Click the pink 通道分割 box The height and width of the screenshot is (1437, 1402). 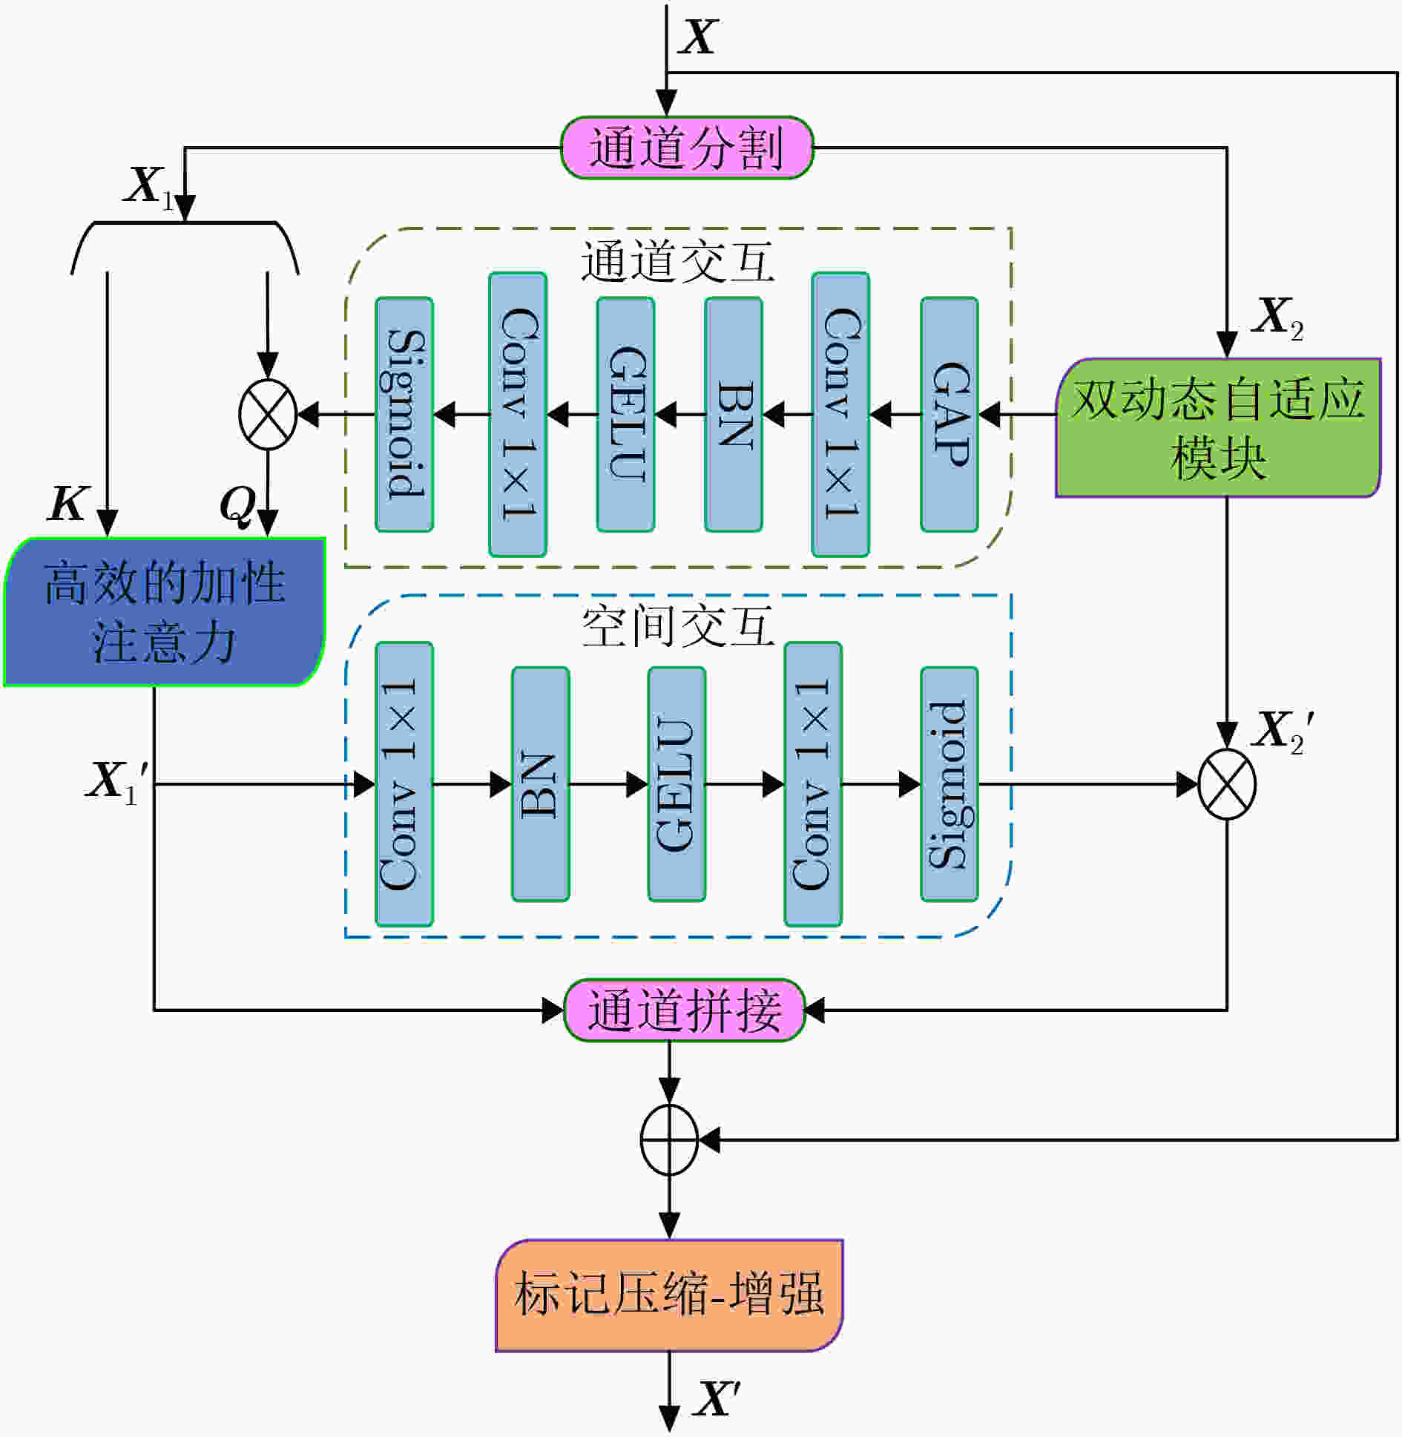point(686,148)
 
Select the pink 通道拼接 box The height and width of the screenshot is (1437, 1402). point(685,1010)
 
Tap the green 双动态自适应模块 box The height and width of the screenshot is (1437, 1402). point(1218,428)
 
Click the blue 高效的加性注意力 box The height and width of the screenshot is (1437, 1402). point(165,612)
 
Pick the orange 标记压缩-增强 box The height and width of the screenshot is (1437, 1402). point(669,1295)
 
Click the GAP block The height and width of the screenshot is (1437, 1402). point(950,415)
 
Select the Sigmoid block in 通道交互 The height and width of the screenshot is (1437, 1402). point(404,415)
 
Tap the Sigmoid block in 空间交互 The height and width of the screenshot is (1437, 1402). point(950,784)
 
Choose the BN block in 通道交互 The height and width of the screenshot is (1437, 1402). point(734,415)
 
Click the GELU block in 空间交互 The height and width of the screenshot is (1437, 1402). point(677,784)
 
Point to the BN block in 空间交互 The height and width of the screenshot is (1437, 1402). point(541,784)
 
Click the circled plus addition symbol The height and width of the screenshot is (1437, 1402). point(669,1140)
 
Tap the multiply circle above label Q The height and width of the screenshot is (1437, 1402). point(268,415)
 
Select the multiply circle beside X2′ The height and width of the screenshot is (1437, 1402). point(1228,784)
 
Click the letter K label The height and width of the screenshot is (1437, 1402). point(68,504)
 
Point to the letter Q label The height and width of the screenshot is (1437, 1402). point(237,507)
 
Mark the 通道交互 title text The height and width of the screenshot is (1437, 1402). point(677,261)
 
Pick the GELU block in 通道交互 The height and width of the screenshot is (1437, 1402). point(626,415)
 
